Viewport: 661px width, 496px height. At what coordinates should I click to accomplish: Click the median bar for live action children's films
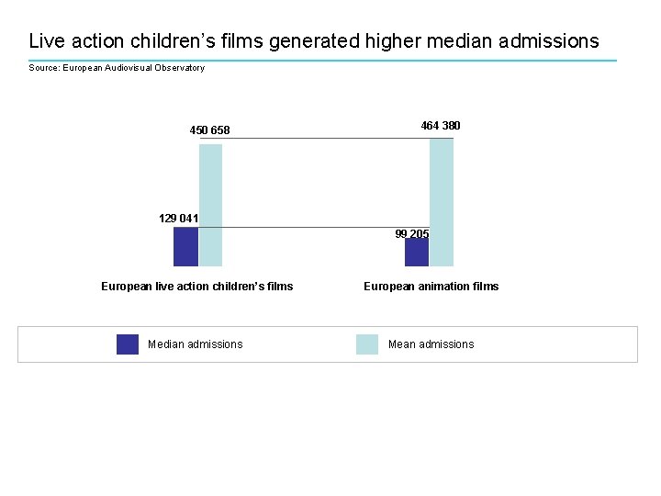tap(185, 246)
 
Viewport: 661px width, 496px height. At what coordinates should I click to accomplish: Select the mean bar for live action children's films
tap(211, 205)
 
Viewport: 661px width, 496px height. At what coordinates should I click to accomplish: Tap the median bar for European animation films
tap(416, 253)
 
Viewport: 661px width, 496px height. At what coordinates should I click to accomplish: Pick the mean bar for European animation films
tap(442, 202)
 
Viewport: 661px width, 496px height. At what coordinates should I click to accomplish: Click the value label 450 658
tap(209, 130)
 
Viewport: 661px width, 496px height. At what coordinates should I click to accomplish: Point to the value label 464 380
tap(441, 125)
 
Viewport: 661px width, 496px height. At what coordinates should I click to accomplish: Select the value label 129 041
tap(178, 219)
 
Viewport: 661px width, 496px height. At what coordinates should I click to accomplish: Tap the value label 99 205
tap(412, 234)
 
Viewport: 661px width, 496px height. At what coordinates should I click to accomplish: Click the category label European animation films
tap(431, 287)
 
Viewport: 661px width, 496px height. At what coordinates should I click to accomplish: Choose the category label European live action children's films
tap(196, 287)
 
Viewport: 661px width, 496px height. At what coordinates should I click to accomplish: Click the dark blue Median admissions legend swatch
tap(128, 344)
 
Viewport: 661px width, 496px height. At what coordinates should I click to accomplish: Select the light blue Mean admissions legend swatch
tap(367, 344)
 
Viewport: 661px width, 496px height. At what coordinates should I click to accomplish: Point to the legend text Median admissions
tap(195, 344)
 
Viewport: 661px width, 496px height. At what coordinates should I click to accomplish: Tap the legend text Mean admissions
tap(431, 344)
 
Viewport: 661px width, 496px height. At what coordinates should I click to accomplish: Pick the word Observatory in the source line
tap(180, 68)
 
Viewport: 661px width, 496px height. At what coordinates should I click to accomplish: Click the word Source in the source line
tap(43, 68)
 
